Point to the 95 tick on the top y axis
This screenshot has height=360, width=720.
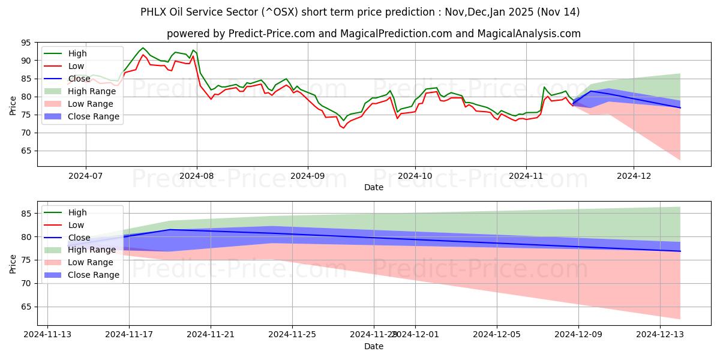[25, 43]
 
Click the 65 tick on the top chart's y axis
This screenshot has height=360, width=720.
[25, 151]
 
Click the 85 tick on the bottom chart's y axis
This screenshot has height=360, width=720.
[25, 214]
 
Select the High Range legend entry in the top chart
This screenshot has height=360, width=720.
[92, 91]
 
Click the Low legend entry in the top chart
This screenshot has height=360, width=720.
[76, 66]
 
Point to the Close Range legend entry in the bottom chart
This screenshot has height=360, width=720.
[94, 275]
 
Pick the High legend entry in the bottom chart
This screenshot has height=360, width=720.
[77, 212]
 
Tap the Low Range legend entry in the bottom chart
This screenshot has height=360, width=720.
[91, 262]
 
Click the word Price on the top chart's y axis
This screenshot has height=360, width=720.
[12, 104]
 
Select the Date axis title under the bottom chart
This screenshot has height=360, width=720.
[374, 346]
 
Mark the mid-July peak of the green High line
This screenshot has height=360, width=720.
[143, 48]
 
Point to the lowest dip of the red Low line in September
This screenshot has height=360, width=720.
[344, 128]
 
